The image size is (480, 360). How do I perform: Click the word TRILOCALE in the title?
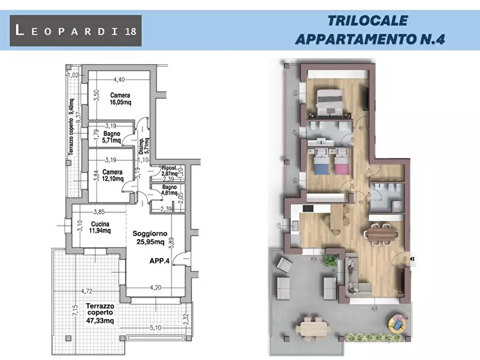[367, 21]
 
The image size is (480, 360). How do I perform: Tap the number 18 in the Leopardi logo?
[130, 31]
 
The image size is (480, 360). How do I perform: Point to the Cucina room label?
[100, 224]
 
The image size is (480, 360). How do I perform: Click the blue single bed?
[320, 163]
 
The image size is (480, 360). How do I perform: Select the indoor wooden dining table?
[382, 234]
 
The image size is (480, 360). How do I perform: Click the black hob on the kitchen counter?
[308, 208]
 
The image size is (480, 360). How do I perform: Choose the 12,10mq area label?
[113, 178]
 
